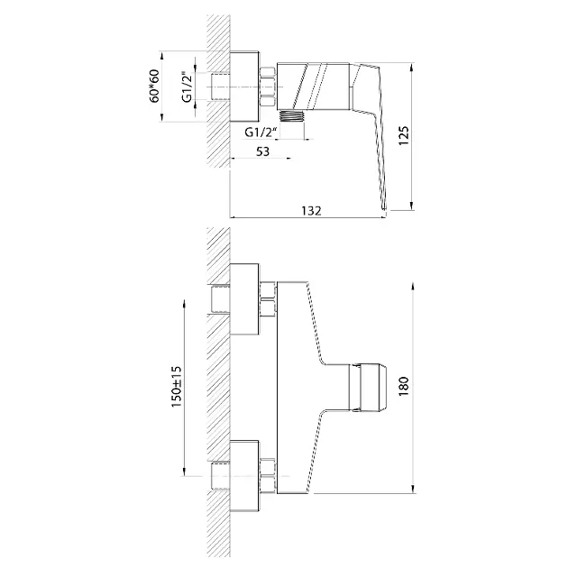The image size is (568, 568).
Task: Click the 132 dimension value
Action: point(311,210)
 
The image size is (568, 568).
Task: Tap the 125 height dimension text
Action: point(404,135)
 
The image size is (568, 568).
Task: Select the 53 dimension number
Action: point(262,151)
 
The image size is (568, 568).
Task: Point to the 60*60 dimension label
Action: point(155,86)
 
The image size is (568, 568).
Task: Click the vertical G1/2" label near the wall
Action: point(187,87)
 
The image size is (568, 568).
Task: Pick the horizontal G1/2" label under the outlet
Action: point(261,132)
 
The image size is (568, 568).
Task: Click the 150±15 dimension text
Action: point(177,387)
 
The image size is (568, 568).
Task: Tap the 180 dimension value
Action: point(404,387)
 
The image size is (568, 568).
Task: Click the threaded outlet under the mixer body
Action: point(292,116)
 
